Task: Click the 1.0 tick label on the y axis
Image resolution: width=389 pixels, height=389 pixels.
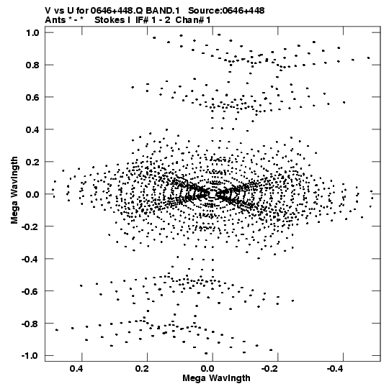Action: pyautogui.click(x=32, y=32)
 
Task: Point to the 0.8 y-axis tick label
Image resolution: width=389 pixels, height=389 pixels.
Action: pyautogui.click(x=32, y=65)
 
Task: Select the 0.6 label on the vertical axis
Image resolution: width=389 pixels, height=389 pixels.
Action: pyautogui.click(x=32, y=97)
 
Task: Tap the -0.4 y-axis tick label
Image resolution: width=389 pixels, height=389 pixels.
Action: pyautogui.click(x=30, y=259)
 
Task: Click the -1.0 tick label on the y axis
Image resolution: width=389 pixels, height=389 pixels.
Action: pyautogui.click(x=30, y=356)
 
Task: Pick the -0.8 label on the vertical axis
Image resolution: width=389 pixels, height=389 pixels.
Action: pyautogui.click(x=30, y=324)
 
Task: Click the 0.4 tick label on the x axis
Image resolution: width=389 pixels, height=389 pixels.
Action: pyautogui.click(x=76, y=369)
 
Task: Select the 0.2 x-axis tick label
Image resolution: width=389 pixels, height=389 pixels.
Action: pyautogui.click(x=142, y=369)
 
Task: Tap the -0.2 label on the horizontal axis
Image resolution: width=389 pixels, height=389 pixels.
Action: pyautogui.click(x=270, y=369)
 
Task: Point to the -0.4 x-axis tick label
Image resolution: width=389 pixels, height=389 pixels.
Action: pyautogui.click(x=336, y=369)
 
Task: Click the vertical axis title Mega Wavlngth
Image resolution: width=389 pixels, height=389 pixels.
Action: pyautogui.click(x=14, y=191)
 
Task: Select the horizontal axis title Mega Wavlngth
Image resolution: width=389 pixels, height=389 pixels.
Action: pyautogui.click(x=217, y=378)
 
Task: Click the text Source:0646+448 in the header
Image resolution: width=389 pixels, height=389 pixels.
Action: pyautogui.click(x=226, y=11)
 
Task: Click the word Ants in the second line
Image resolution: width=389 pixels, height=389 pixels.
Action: pyautogui.click(x=55, y=20)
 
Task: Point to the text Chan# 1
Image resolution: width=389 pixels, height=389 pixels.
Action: pyautogui.click(x=193, y=20)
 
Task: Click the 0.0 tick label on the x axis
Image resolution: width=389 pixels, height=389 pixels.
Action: pyautogui.click(x=207, y=369)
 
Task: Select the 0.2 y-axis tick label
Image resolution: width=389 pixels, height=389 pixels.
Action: pyautogui.click(x=32, y=162)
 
